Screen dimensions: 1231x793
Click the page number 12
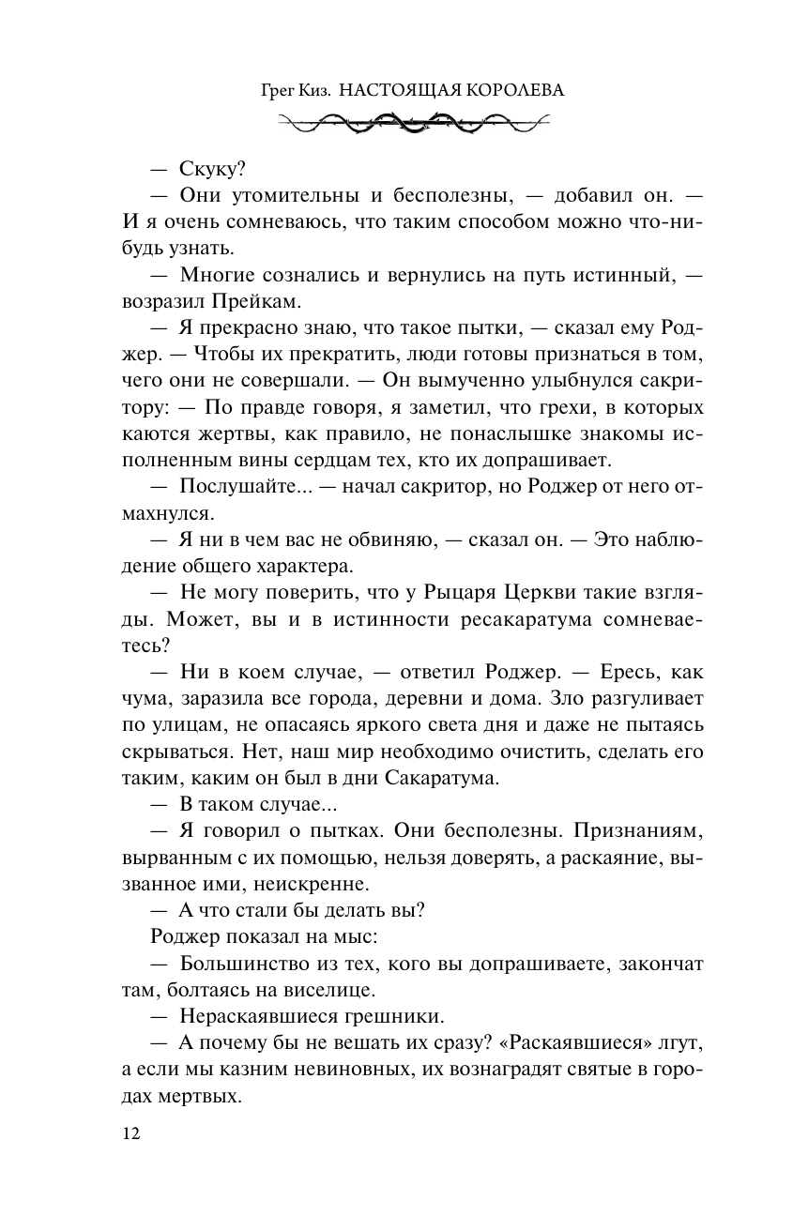point(130,1132)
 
